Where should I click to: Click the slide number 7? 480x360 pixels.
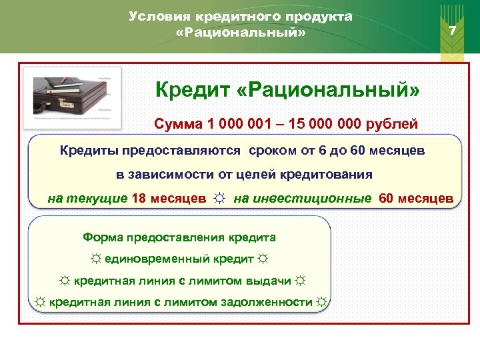coord(453,31)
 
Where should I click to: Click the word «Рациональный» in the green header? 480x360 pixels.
coord(241,33)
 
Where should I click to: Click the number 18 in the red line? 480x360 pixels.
coord(139,198)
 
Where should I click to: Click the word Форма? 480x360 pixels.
coord(100,237)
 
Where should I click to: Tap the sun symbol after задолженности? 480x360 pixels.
coord(322,303)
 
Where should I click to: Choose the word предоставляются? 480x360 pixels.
coord(197,151)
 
